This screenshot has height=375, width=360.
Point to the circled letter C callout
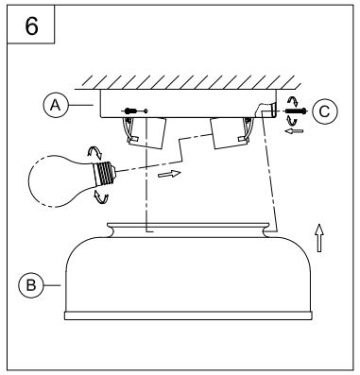pyautogui.click(x=324, y=111)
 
